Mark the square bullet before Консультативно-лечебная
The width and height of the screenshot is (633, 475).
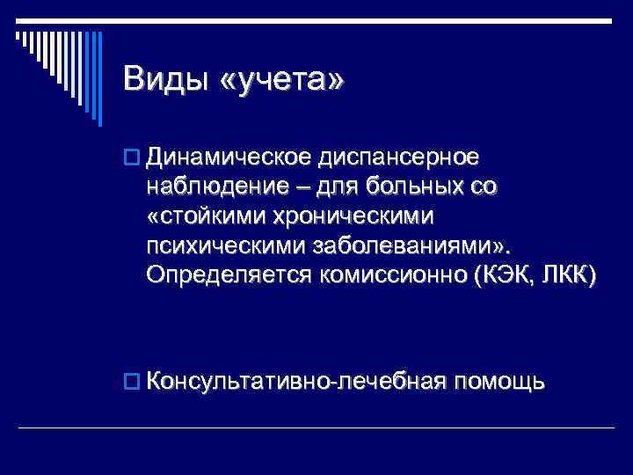point(132,382)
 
